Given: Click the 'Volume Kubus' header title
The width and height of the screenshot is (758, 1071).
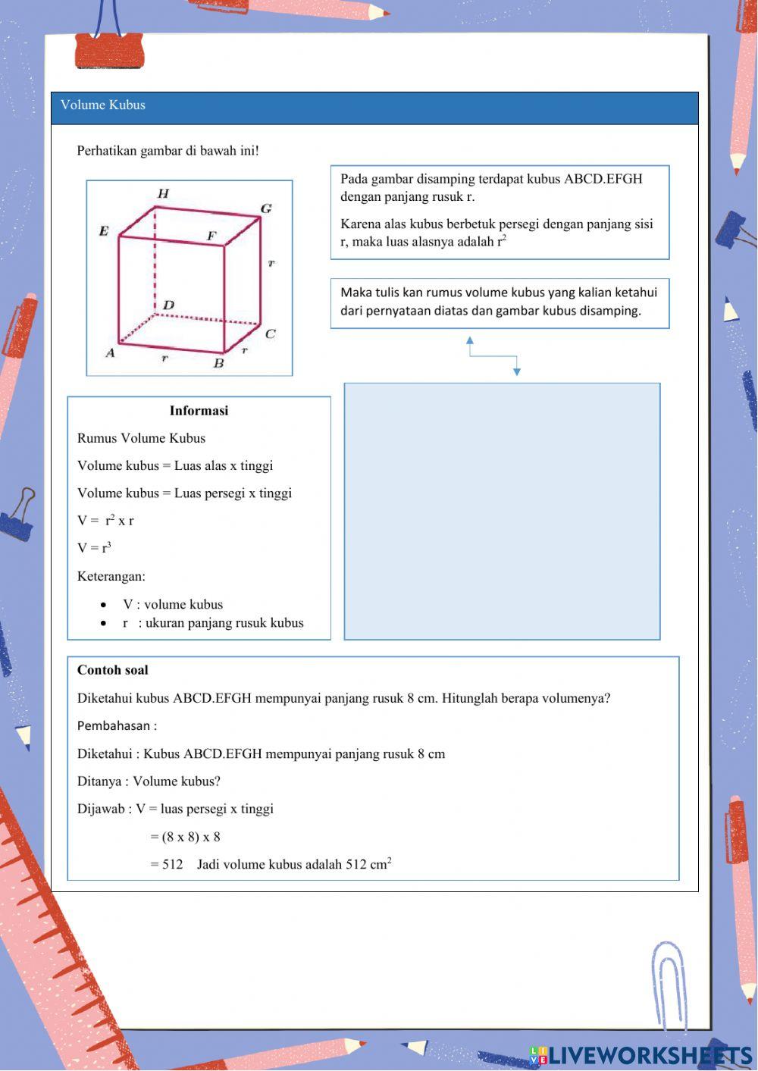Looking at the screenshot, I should (103, 105).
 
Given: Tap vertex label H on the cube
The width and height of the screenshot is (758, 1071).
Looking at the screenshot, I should (163, 194).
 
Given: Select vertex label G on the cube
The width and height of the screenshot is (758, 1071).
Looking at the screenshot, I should (266, 208).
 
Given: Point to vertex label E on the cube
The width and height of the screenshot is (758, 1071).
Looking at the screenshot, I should (104, 231).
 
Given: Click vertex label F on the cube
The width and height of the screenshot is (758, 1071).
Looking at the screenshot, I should (211, 236).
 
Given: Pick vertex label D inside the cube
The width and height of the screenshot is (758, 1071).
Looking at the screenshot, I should (168, 305).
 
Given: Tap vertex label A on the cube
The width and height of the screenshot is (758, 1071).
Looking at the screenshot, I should (110, 352).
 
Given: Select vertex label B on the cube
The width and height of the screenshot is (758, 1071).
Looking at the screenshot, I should (218, 363).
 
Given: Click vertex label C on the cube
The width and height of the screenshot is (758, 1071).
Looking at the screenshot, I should (270, 334).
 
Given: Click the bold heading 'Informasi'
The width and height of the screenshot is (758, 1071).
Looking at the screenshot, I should (199, 411).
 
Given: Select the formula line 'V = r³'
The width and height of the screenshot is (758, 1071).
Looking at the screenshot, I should (94, 547).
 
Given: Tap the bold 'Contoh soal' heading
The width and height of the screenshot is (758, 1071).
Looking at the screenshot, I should (113, 670).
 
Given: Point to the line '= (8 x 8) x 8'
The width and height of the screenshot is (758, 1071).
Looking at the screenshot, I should (185, 837).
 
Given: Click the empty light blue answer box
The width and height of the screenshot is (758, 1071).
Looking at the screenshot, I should (502, 511).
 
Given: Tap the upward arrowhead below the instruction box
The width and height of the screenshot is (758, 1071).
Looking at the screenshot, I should (470, 341).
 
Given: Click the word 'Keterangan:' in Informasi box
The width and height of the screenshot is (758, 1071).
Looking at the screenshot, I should (111, 576).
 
